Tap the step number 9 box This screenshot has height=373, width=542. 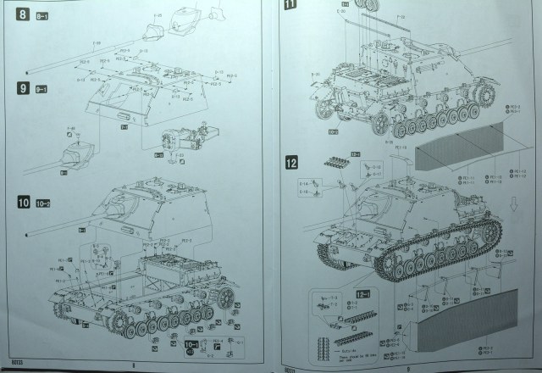pos(21,88)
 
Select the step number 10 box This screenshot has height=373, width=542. pos(24,203)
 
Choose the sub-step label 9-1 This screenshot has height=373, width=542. pos(40,89)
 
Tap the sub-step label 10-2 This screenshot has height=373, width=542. pos(45,203)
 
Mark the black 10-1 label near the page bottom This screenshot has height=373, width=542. pos(192,345)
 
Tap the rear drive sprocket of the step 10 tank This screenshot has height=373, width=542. pos(227,296)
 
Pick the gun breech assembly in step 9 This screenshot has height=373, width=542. pos(182,140)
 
